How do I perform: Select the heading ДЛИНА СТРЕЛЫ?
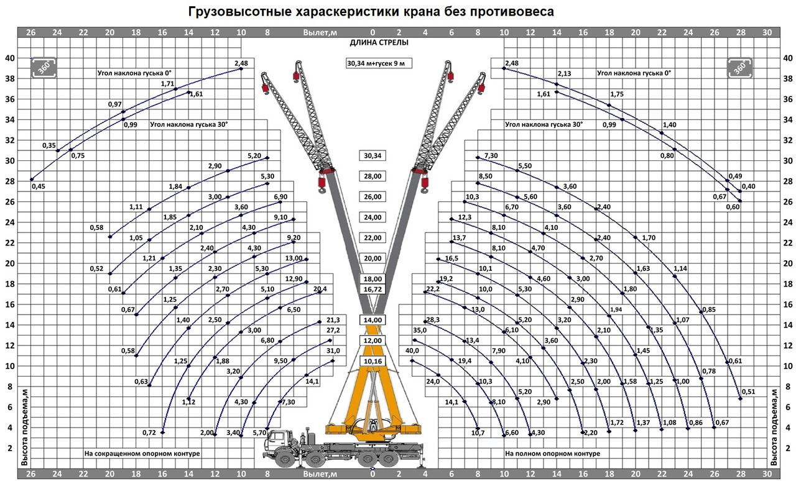379,43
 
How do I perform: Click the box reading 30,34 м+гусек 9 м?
379,63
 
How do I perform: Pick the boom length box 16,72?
373,290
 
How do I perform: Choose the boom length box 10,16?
373,361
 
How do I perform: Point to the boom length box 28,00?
373,176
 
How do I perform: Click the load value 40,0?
412,350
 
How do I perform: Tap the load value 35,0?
420,331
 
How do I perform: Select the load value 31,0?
333,350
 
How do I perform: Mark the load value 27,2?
333,331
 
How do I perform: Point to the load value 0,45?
39,186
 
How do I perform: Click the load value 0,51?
748,392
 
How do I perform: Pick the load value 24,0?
433,382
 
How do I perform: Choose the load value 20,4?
320,289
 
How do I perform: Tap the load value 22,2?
433,289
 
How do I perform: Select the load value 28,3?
433,320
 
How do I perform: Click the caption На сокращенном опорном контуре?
142,454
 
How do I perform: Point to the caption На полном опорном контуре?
553,454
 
